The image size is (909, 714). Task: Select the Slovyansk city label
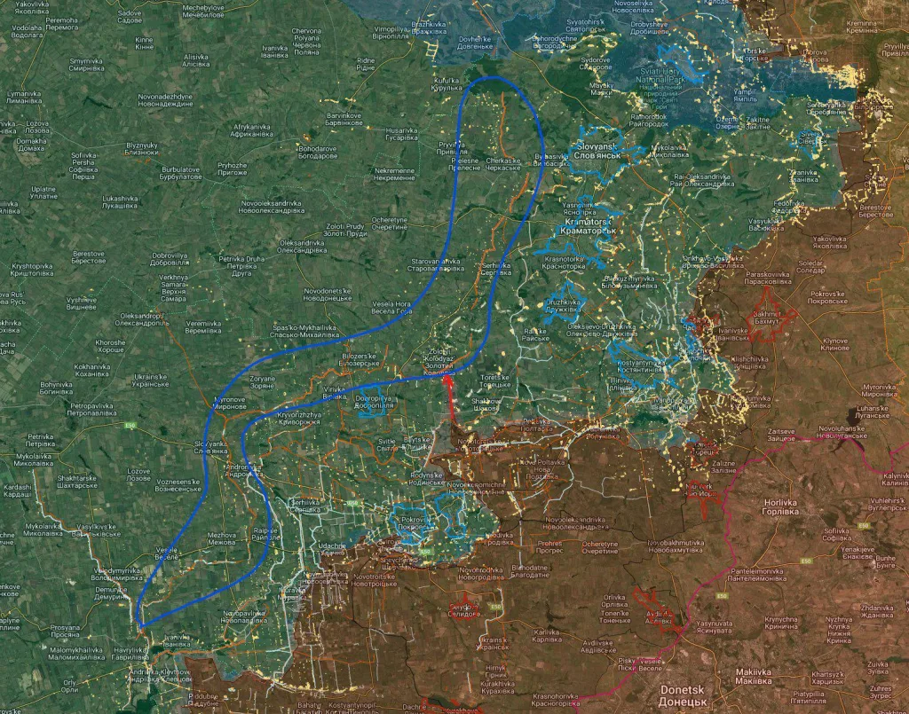[596, 150]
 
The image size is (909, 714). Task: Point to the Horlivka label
[783, 506]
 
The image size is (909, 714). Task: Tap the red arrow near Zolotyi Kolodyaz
[448, 396]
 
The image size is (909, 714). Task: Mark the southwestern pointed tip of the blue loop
[140, 626]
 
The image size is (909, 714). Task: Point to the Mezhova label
[221, 539]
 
